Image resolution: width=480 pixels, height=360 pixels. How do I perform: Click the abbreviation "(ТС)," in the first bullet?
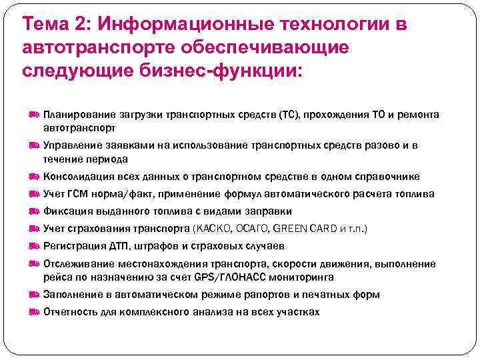(x=289, y=115)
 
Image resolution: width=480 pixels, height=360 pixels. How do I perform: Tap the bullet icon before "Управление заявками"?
(x=35, y=145)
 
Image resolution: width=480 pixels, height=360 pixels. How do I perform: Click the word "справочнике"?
(x=388, y=177)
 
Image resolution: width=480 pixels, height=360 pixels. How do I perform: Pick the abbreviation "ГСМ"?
(x=77, y=194)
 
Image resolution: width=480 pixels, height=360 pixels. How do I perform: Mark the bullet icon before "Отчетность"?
(x=35, y=312)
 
